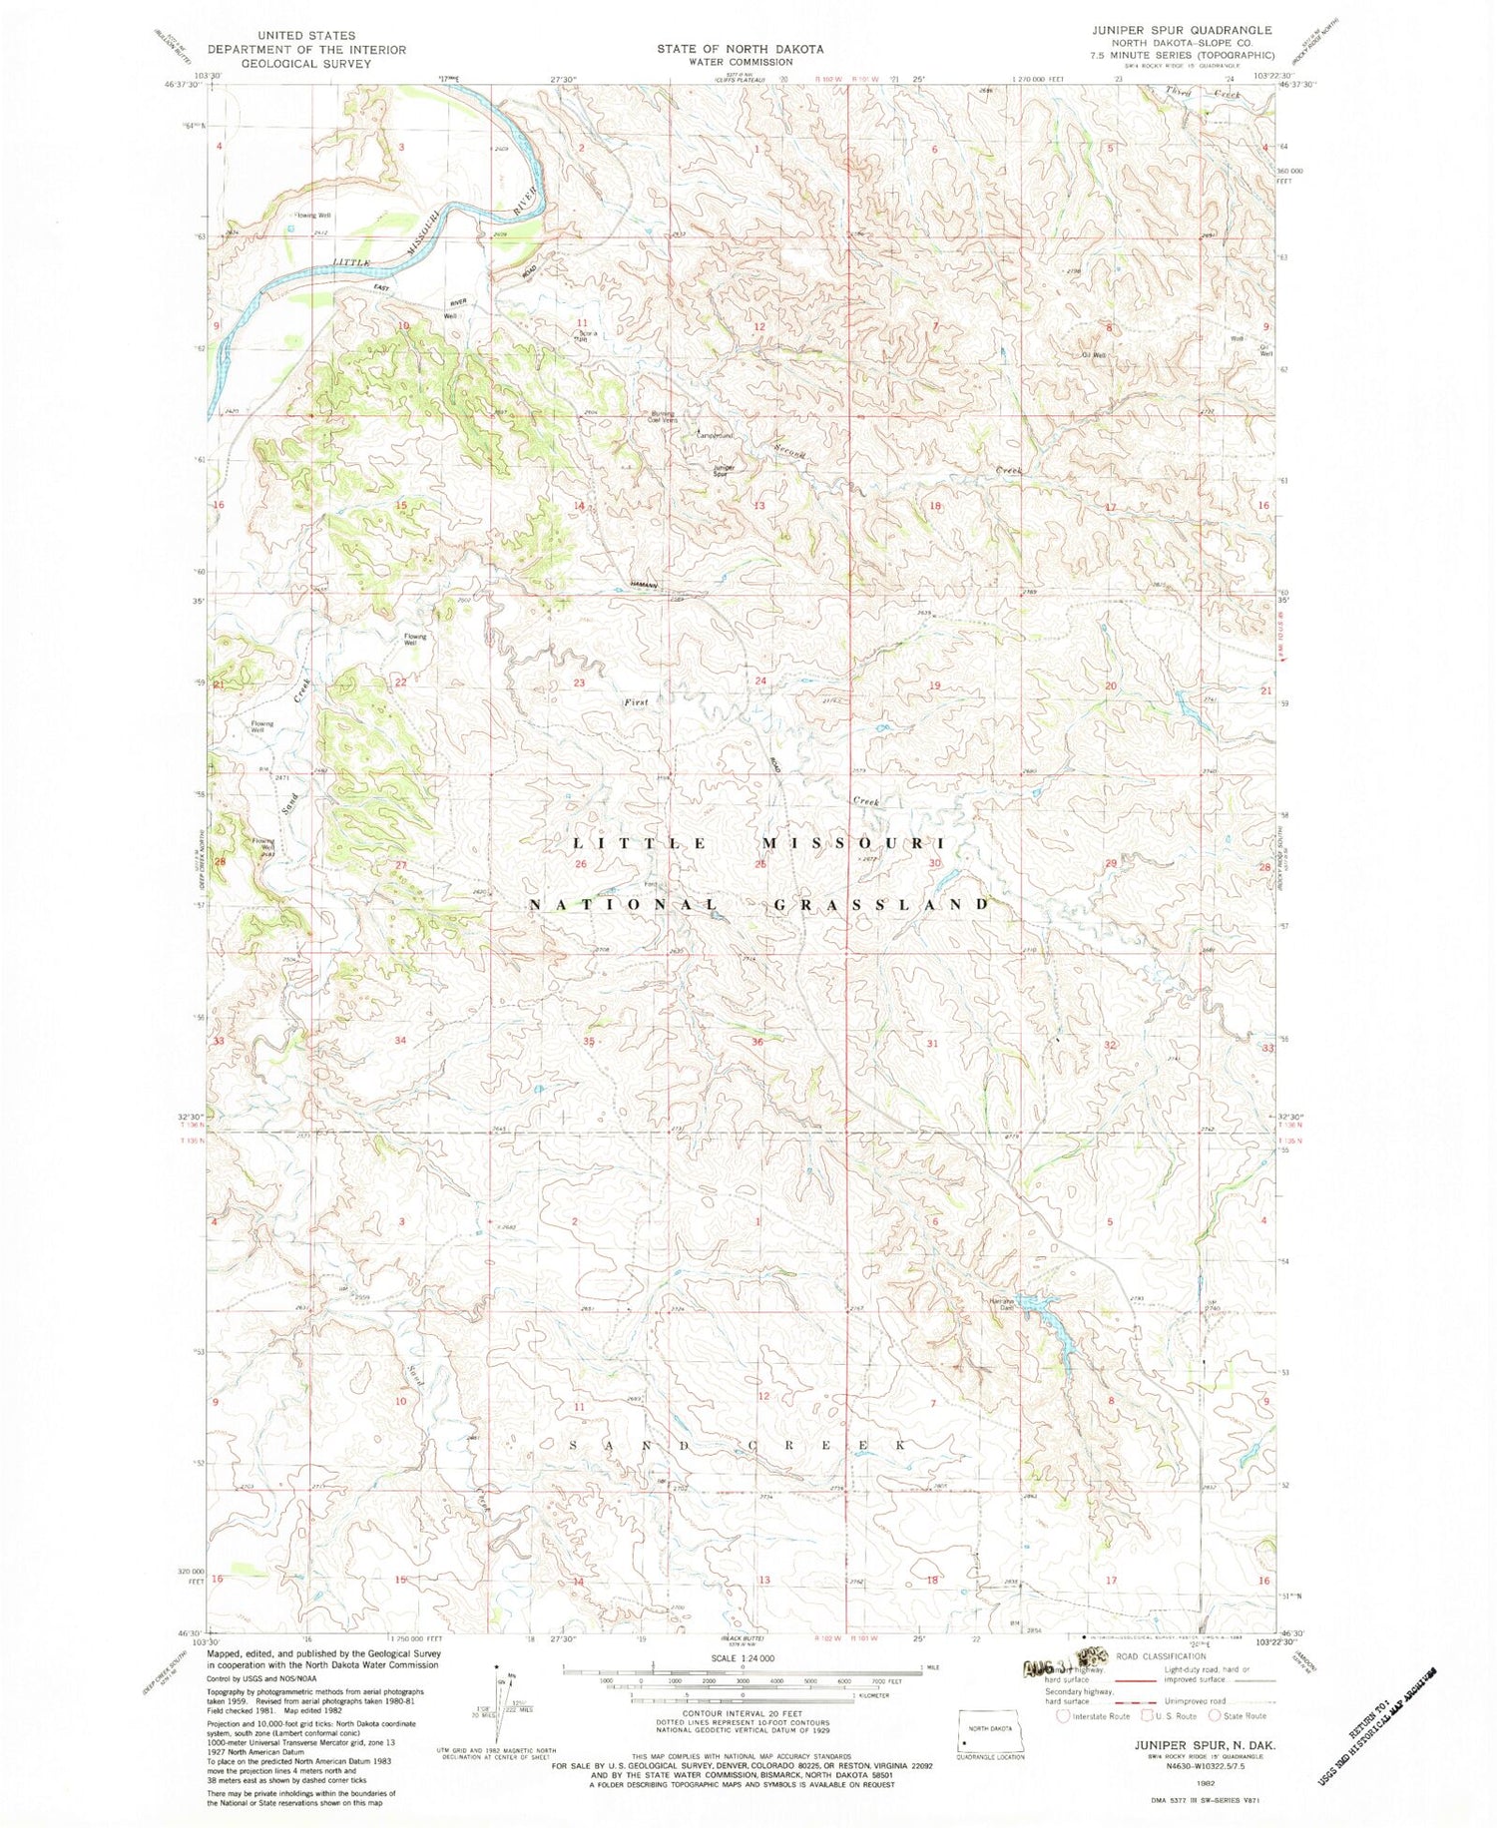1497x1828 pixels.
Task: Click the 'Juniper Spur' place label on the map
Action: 725,470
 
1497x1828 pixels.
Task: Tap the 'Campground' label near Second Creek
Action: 715,436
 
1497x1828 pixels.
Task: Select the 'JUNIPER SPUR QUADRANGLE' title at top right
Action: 1181,30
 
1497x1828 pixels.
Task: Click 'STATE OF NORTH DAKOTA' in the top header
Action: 740,49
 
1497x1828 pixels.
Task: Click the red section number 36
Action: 758,1042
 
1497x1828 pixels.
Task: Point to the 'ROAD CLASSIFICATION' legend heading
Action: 1162,1656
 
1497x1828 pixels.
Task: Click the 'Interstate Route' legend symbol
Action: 1065,1716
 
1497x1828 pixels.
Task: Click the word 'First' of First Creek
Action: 636,702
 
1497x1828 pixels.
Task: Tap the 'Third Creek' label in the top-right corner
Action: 1203,93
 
